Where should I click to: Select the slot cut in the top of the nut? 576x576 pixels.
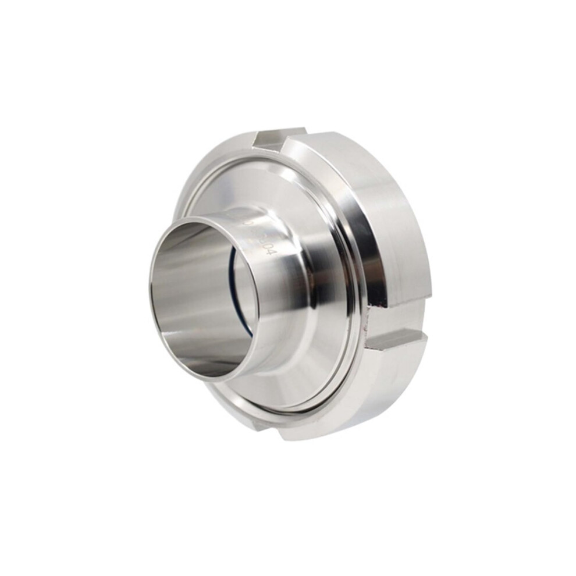[280, 138]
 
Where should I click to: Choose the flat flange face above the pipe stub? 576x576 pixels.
[244, 186]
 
